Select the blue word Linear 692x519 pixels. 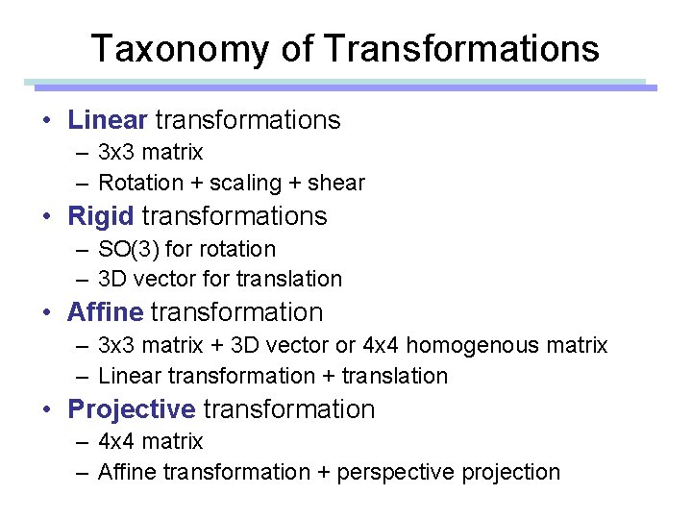(x=107, y=120)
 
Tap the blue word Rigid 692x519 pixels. (x=100, y=216)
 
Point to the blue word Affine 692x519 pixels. (x=105, y=312)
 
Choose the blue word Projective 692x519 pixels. (x=131, y=409)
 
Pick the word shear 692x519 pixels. (x=336, y=183)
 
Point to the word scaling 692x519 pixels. (x=245, y=183)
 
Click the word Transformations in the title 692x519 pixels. (x=462, y=48)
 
